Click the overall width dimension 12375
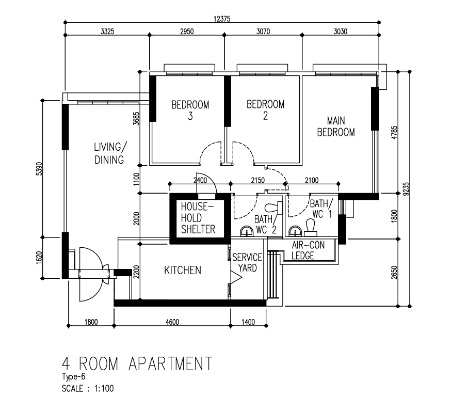click(222, 19)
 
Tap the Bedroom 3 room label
click(190, 110)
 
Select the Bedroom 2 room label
click(266, 109)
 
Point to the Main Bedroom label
click(336, 126)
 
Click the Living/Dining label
click(110, 153)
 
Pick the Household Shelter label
click(198, 218)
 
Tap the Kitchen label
click(183, 271)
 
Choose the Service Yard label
click(247, 263)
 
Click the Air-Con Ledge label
click(308, 250)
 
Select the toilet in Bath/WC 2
click(273, 208)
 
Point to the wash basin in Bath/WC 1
click(295, 231)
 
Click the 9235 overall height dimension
click(406, 189)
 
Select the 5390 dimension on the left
click(40, 169)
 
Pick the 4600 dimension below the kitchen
click(172, 322)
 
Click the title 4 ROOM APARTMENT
click(137, 363)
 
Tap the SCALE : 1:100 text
click(88, 388)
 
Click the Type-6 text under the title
click(73, 376)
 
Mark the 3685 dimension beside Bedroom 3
click(136, 118)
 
